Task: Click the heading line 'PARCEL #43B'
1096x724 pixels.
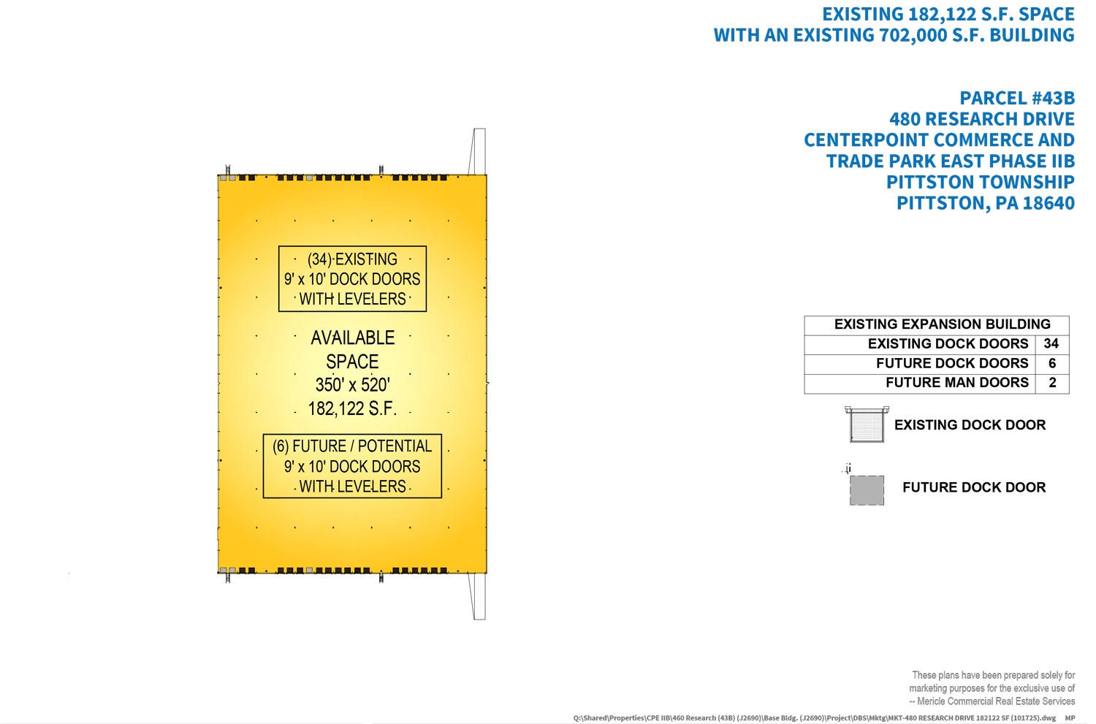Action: [x=1016, y=99]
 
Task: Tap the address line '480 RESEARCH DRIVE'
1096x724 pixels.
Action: [x=981, y=119]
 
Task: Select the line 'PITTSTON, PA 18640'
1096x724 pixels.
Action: [x=985, y=203]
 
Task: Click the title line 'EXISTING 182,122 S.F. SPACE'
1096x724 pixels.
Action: [x=948, y=15]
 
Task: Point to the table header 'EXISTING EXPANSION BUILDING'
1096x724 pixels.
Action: [x=942, y=324]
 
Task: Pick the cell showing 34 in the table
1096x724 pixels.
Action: [x=1051, y=344]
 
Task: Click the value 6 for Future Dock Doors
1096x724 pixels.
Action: [x=1051, y=364]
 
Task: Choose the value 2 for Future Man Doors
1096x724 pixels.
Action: [x=1051, y=383]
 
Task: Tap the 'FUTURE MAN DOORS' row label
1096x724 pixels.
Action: [x=956, y=383]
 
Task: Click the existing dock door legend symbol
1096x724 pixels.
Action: [x=867, y=424]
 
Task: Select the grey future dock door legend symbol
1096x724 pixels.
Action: [x=867, y=489]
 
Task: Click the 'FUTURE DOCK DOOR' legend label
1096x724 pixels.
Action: [x=973, y=487]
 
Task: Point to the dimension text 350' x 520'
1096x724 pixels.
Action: [x=352, y=385]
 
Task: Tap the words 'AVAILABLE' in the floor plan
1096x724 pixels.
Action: [x=352, y=338]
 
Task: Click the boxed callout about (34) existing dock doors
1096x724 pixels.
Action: [x=352, y=279]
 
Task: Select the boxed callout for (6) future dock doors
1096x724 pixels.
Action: [x=352, y=466]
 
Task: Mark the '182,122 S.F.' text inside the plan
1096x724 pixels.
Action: [x=352, y=409]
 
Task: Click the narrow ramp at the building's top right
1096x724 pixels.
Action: [x=478, y=151]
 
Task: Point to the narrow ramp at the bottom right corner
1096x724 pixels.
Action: [x=478, y=596]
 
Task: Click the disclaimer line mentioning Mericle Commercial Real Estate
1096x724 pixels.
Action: [x=995, y=701]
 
